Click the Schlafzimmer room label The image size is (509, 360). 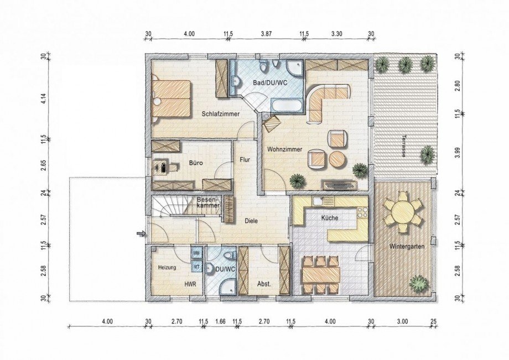pyautogui.click(x=220, y=114)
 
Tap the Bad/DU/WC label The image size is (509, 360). pyautogui.click(x=270, y=83)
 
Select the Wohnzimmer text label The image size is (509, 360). pyautogui.click(x=285, y=149)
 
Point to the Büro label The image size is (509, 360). pyautogui.click(x=196, y=163)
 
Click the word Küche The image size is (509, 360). pyautogui.click(x=330, y=218)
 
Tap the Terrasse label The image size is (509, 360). pyautogui.click(x=403, y=146)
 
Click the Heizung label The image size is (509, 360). pyautogui.click(x=167, y=268)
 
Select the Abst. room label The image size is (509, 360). pyautogui.click(x=264, y=284)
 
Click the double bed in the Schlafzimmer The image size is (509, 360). pyautogui.click(x=172, y=98)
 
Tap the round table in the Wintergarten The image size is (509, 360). pyautogui.click(x=403, y=213)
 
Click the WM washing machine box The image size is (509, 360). pyautogui.click(x=196, y=252)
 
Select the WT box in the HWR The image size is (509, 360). pyautogui.click(x=196, y=265)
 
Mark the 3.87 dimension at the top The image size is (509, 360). pyautogui.click(x=266, y=33)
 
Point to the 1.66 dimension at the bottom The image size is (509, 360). pyautogui.click(x=220, y=322)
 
